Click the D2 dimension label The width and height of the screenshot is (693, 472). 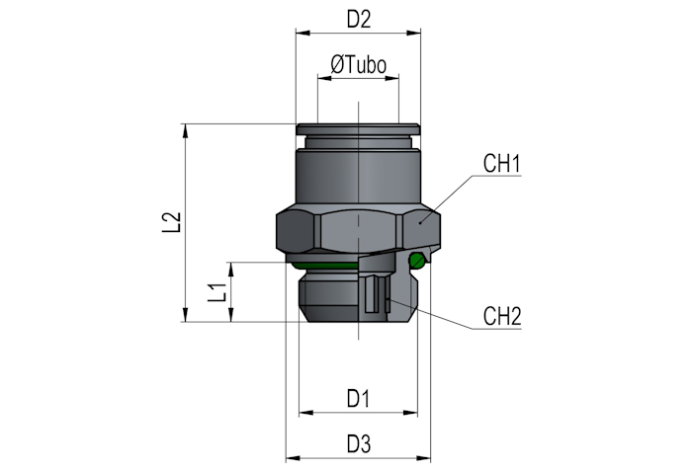tap(359, 20)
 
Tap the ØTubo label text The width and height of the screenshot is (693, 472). tap(359, 65)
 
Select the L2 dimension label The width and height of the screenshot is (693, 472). tap(171, 222)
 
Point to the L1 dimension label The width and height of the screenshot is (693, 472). tap(217, 292)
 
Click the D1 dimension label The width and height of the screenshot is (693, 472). tap(358, 399)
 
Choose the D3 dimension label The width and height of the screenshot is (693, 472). tap(359, 443)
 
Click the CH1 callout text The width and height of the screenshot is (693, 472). tap(502, 163)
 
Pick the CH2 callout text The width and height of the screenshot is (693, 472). tap(502, 316)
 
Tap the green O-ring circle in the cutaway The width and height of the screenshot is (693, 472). tap(417, 261)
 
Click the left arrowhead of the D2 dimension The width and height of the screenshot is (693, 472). tap(303, 33)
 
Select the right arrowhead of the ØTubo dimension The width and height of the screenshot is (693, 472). tap(392, 79)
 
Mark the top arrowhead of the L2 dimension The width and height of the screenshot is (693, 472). tap(186, 131)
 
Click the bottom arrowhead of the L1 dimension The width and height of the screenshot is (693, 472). tap(230, 314)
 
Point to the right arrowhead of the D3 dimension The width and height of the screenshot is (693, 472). tap(423, 459)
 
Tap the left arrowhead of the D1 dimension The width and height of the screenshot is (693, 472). tap(306, 413)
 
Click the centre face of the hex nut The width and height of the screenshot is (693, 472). tap(359, 229)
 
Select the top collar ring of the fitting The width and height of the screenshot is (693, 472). tap(358, 129)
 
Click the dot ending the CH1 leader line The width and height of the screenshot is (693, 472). tap(420, 223)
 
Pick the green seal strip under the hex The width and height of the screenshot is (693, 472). tap(324, 266)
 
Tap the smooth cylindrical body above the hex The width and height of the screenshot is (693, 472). tap(358, 177)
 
